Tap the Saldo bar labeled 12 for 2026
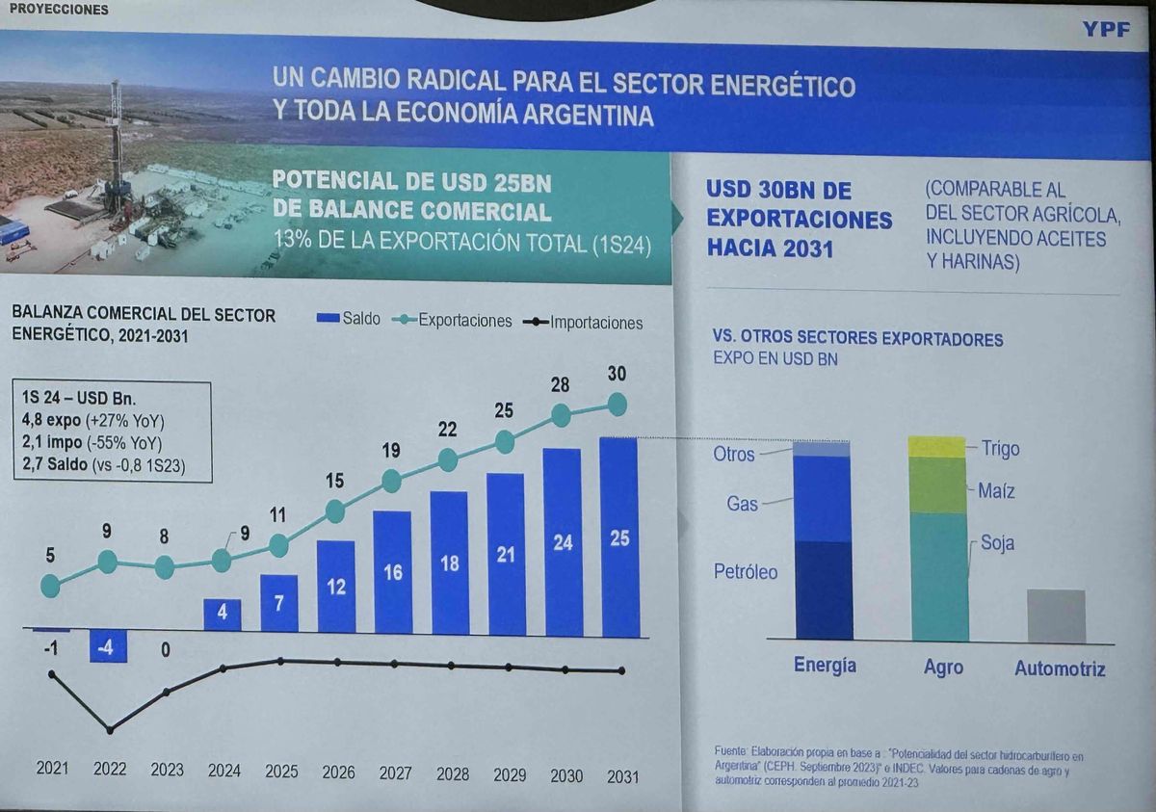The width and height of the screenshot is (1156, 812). pyautogui.click(x=335, y=587)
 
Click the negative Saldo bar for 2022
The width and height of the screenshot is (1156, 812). pyautogui.click(x=108, y=645)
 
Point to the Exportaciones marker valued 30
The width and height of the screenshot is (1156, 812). pyautogui.click(x=617, y=405)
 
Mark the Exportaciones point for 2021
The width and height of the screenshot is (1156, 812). pyautogui.click(x=50, y=585)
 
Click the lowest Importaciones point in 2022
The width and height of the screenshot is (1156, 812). pyautogui.click(x=109, y=730)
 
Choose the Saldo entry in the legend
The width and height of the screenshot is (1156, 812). pyautogui.click(x=349, y=319)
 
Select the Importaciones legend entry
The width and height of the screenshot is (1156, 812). pyautogui.click(x=582, y=323)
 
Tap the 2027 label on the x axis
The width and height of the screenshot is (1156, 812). pyautogui.click(x=395, y=773)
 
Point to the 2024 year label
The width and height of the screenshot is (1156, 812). pyautogui.click(x=223, y=771)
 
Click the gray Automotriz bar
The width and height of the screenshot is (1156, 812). pyautogui.click(x=1056, y=616)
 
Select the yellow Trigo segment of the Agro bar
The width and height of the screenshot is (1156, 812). pyautogui.click(x=936, y=447)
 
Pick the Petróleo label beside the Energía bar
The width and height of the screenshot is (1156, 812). pyautogui.click(x=745, y=571)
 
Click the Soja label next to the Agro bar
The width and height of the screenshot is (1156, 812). pyautogui.click(x=997, y=543)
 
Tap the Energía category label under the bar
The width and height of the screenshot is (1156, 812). pyautogui.click(x=824, y=666)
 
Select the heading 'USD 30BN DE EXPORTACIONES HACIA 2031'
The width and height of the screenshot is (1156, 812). pyautogui.click(x=799, y=219)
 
